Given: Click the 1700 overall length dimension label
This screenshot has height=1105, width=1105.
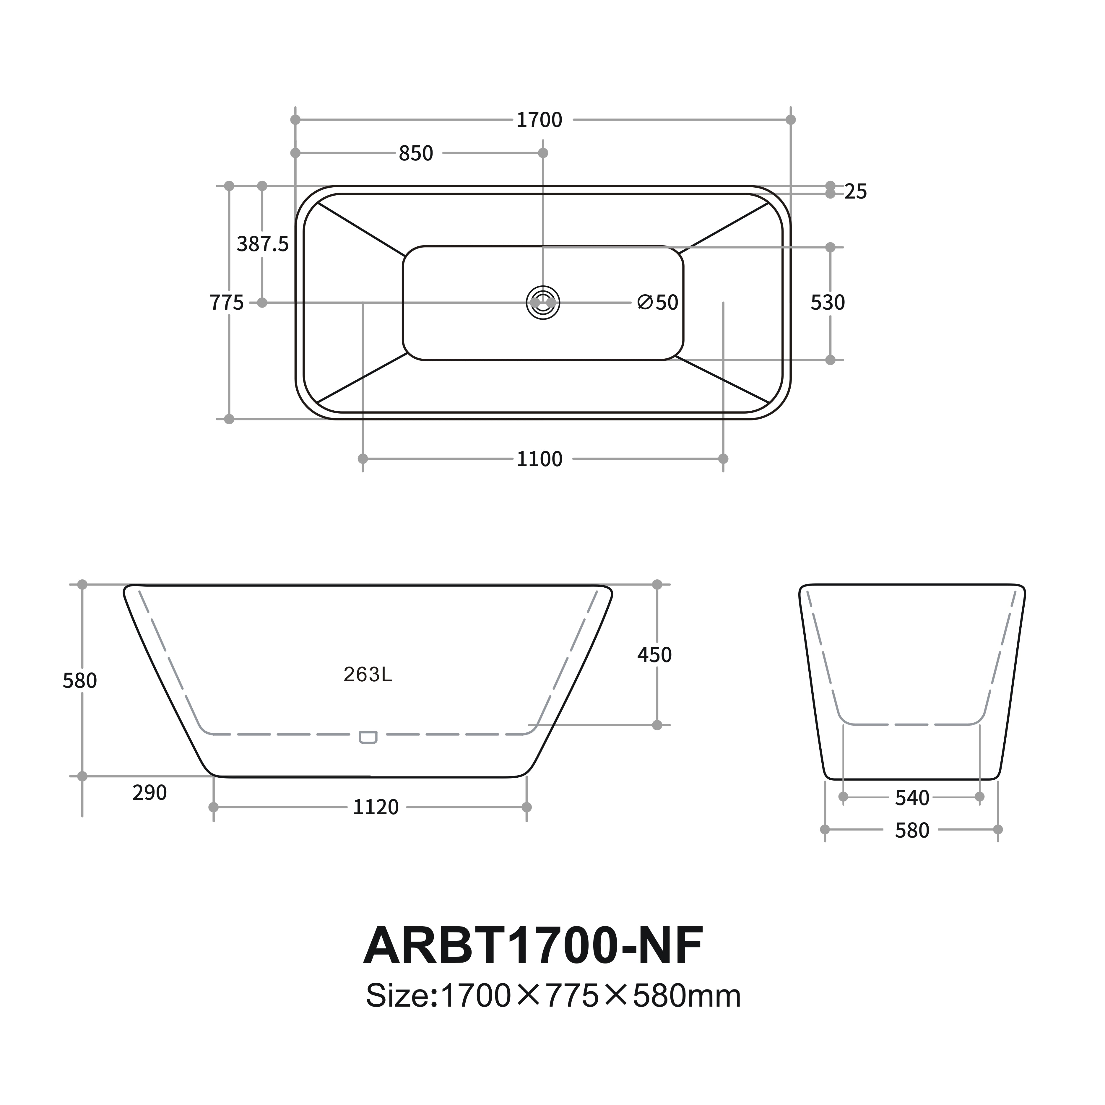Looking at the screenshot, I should (x=539, y=120).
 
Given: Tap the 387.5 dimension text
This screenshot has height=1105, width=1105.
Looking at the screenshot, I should (x=263, y=244).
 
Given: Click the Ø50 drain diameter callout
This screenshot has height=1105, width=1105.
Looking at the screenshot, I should (x=658, y=303).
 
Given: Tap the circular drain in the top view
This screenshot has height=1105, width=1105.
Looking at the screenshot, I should (x=543, y=303).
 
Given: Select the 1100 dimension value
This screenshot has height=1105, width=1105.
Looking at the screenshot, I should (x=539, y=459).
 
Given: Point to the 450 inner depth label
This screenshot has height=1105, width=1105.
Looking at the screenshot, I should (x=654, y=655).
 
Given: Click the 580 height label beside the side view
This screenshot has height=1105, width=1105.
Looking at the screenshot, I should (x=79, y=681).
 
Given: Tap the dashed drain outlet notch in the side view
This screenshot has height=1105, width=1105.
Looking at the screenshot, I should (x=368, y=737).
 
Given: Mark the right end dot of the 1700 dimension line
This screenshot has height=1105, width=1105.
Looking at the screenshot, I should (x=790, y=120).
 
